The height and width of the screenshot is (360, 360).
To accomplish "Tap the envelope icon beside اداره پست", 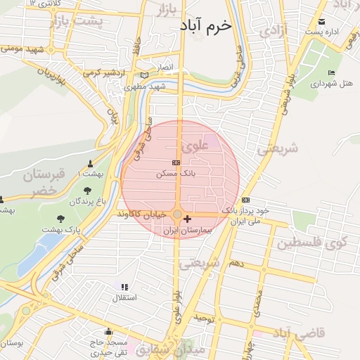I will point(322,22).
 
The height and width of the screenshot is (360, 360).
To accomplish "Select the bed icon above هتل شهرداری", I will point(331,72).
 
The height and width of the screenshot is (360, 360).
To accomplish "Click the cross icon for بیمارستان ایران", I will point(187,219).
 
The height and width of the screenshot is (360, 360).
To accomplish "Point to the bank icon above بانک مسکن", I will point(176,162).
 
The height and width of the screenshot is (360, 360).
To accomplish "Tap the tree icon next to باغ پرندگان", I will point(87,190).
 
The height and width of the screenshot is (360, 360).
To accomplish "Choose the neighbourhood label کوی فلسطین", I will point(316,243).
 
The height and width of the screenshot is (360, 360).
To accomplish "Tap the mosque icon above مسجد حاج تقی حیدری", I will point(108,332).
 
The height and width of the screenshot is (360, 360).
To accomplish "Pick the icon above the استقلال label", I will point(124,287).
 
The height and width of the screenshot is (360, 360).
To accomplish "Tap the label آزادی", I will point(272,31).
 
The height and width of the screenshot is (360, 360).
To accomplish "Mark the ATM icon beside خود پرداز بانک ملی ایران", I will point(245,200).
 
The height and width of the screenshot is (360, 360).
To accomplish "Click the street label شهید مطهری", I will point(144,87).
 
